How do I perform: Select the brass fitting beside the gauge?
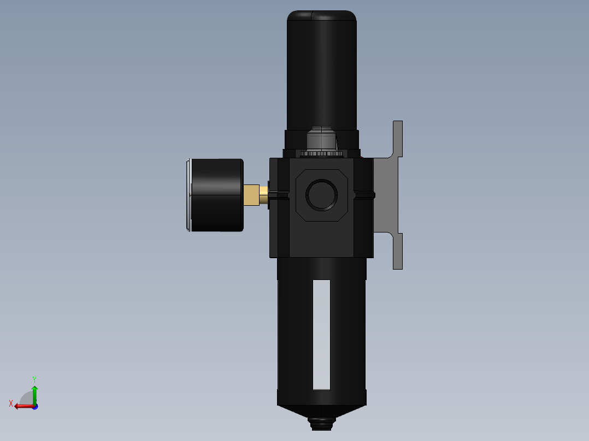pyautogui.click(x=251, y=195)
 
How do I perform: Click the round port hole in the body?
pyautogui.click(x=321, y=194)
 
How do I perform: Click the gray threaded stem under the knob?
pyautogui.click(x=321, y=139)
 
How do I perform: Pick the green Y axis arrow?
pyautogui.click(x=34, y=393)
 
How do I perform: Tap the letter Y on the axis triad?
pyautogui.click(x=34, y=379)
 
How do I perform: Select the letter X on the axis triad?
pyautogui.click(x=11, y=403)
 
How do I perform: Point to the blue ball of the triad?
pyautogui.click(x=35, y=407)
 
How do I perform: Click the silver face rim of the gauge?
pyautogui.click(x=189, y=195)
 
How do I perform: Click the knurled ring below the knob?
pyautogui.click(x=321, y=153)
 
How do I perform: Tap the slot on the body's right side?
pyautogui.click(x=364, y=194)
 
